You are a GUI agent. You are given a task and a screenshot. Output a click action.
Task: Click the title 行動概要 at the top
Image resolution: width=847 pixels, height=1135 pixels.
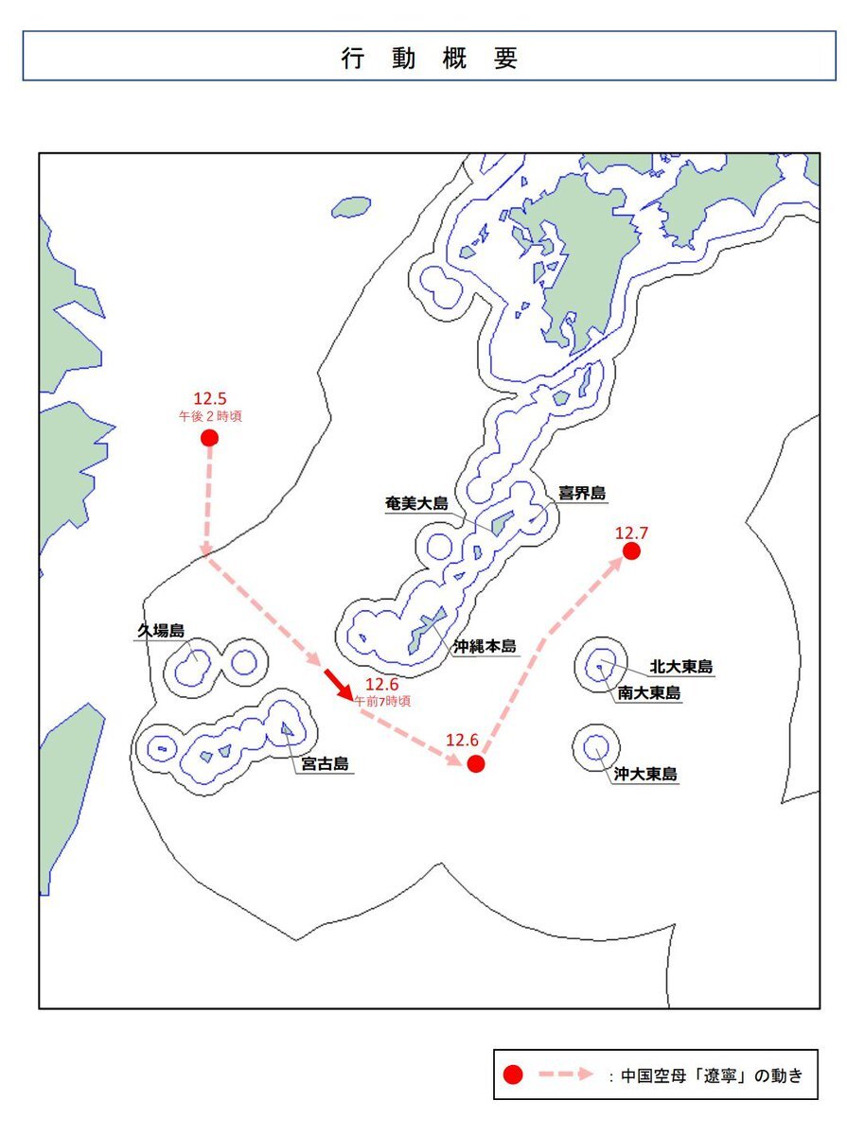click(x=430, y=59)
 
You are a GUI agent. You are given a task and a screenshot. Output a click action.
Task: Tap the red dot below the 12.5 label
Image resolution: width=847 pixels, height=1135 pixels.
click(x=210, y=437)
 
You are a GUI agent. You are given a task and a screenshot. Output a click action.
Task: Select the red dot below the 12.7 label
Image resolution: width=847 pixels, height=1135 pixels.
click(x=631, y=550)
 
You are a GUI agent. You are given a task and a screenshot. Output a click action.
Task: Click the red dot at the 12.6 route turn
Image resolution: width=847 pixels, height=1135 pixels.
click(x=476, y=763)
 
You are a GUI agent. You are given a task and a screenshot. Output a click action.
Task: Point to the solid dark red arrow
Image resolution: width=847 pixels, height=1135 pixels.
click(x=340, y=683)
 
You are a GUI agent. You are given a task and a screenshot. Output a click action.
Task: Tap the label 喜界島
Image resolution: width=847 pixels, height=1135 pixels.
click(x=582, y=493)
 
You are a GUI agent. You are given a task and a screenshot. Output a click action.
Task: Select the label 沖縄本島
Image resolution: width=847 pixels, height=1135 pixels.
click(x=485, y=646)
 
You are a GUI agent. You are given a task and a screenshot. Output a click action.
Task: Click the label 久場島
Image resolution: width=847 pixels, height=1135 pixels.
click(x=159, y=630)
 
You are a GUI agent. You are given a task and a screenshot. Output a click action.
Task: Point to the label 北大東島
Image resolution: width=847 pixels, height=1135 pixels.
click(x=681, y=668)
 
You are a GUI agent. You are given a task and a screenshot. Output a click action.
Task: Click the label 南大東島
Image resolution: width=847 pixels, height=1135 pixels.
click(x=648, y=693)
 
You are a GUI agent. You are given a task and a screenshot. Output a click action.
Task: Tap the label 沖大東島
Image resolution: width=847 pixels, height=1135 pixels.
click(x=645, y=774)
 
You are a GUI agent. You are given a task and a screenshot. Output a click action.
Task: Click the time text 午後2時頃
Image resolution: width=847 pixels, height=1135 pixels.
click(x=210, y=416)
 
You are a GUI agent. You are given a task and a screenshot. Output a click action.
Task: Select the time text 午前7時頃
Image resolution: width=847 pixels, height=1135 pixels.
click(x=382, y=701)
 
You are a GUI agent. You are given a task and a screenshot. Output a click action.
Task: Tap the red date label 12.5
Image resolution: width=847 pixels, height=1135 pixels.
click(x=210, y=398)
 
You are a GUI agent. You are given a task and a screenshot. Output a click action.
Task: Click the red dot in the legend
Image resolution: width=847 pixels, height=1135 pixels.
click(x=513, y=1074)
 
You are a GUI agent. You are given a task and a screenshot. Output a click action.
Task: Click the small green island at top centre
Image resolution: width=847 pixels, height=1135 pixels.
click(x=351, y=207)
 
